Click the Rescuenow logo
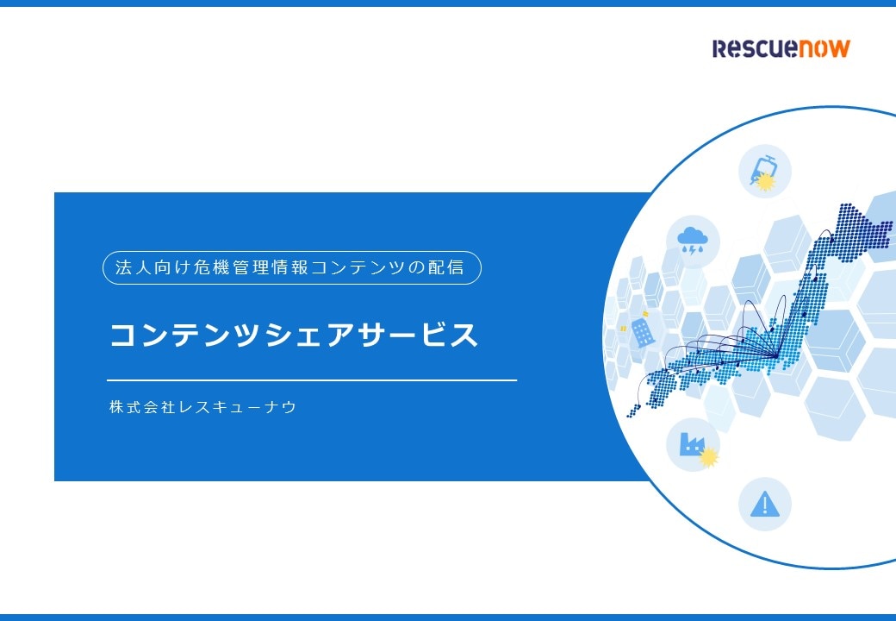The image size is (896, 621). point(781,48)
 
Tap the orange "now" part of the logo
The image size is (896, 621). point(824,48)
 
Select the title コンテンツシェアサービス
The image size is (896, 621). point(294,335)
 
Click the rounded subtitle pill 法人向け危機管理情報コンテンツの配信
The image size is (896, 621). point(292,267)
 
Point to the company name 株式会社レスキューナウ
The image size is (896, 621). point(202,407)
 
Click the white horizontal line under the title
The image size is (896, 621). point(312,379)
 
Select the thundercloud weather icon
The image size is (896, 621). point(693,241)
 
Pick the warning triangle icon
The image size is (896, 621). point(764,505)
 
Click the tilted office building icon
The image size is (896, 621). point(643,332)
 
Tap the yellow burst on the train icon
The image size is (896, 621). point(766,181)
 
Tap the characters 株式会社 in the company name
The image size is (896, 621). point(141,407)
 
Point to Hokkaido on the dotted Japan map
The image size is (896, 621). point(859,229)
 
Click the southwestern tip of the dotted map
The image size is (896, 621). point(630,413)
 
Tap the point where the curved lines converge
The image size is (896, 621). point(776,356)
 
